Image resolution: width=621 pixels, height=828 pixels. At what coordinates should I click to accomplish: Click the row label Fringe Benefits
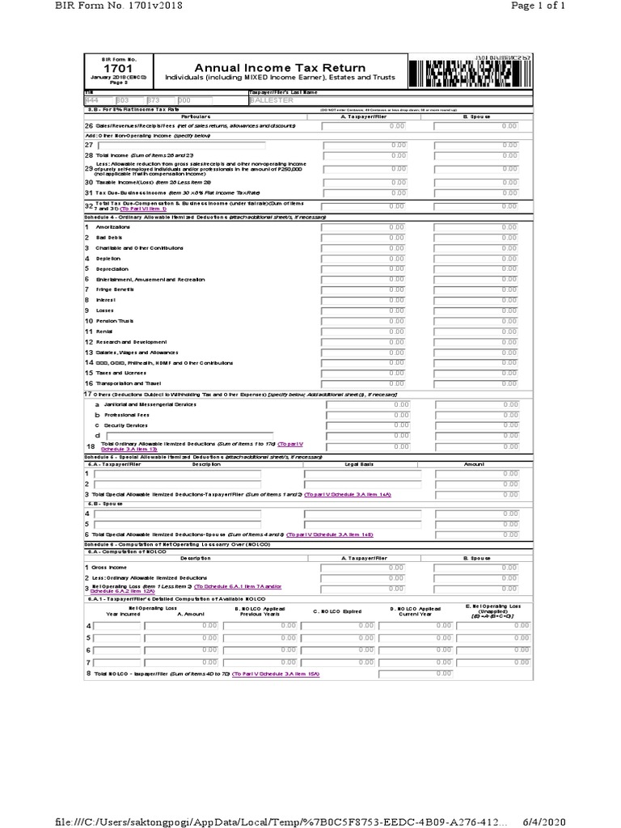point(115,289)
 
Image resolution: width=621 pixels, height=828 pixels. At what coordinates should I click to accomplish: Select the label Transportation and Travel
point(129,382)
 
